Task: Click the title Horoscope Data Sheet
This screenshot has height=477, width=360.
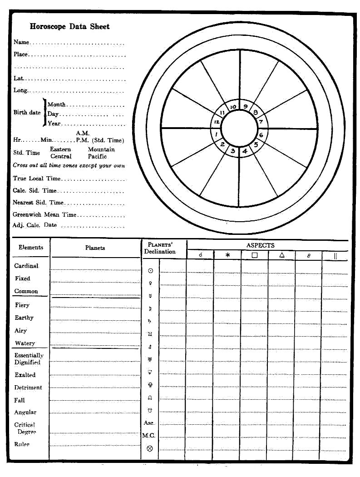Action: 69,26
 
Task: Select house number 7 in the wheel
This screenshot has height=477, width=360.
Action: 261,122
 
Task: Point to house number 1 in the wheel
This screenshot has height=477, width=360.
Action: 217,135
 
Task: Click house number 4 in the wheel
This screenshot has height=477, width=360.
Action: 245,151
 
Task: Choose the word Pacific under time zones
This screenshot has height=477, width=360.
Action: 97,156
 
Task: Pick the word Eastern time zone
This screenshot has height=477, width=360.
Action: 60,149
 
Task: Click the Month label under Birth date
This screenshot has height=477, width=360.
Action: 57,104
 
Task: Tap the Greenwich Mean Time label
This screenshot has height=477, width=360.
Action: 44,214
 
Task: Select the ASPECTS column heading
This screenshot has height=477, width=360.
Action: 260,245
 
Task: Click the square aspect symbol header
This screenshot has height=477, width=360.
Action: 255,255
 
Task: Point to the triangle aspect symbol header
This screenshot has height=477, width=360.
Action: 282,255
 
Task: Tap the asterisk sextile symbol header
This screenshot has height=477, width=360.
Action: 228,255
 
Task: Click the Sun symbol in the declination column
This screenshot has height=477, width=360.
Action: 150,271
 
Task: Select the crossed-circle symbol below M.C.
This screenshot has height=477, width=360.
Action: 150,448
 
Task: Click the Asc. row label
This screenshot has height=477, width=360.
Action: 149,423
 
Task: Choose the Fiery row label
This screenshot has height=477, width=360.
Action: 22,305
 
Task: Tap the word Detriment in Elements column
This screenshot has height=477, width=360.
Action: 28,388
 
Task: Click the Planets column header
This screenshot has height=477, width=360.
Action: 95,248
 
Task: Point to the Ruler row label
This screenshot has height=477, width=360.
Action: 22,444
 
